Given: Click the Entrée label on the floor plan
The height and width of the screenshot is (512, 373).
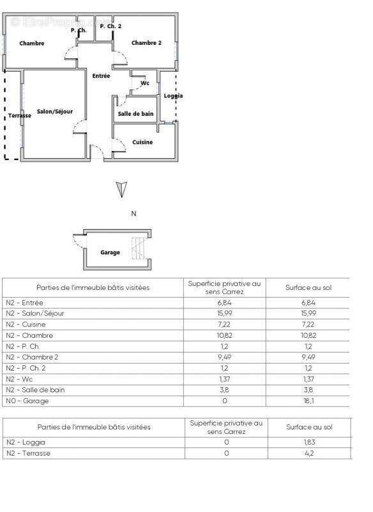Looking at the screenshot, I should pyautogui.click(x=101, y=76).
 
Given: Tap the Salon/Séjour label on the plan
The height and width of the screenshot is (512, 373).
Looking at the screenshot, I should pyautogui.click(x=54, y=111).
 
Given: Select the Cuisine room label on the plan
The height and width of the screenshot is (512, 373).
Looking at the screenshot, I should pyautogui.click(x=142, y=142).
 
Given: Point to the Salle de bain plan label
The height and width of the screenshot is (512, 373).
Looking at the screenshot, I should pyautogui.click(x=135, y=114).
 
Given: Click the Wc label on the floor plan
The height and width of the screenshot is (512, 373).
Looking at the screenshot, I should pyautogui.click(x=145, y=83).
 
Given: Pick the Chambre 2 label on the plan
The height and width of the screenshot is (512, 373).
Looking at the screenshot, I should pyautogui.click(x=146, y=43).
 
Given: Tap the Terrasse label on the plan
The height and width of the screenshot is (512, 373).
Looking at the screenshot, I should pyautogui.click(x=20, y=116).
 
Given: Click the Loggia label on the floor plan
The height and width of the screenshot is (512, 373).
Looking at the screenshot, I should pyautogui.click(x=173, y=96).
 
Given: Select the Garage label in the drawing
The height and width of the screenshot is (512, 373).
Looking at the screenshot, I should pyautogui.click(x=110, y=253).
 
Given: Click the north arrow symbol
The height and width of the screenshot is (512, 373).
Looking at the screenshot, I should pyautogui.click(x=122, y=189).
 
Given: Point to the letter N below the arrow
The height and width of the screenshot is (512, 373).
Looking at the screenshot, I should pyautogui.click(x=133, y=214).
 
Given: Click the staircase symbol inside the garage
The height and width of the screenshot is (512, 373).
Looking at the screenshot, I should pyautogui.click(x=137, y=248).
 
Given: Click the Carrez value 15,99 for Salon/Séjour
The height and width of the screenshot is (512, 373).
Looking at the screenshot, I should pyautogui.click(x=225, y=314).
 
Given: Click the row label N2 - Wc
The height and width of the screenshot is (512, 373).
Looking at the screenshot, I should pyautogui.click(x=22, y=380).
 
